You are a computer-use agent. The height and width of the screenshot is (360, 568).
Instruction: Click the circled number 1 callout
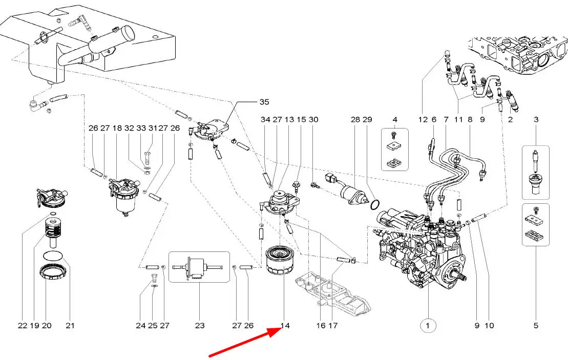pyautogui.click(x=428, y=325)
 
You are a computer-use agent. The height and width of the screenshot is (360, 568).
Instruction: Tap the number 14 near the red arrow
pyautogui.click(x=285, y=325)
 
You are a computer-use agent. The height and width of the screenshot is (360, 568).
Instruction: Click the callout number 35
pyautogui.click(x=249, y=101)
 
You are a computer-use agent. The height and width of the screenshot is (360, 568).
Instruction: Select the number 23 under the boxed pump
pyautogui.click(x=200, y=325)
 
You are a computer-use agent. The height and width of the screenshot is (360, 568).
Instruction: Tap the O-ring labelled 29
pyautogui.click(x=374, y=205)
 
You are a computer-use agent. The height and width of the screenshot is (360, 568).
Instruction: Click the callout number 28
pyautogui.click(x=355, y=119)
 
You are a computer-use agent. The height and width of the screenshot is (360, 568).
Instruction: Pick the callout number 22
pyautogui.click(x=23, y=325)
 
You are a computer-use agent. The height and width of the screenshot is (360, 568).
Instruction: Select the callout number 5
pyautogui.click(x=536, y=325)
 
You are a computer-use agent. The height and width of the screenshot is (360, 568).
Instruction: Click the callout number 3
pyautogui.click(x=536, y=119)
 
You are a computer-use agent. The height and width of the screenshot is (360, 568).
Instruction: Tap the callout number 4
pyautogui.click(x=394, y=119)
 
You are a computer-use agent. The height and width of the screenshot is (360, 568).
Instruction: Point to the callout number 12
pyautogui.click(x=422, y=119)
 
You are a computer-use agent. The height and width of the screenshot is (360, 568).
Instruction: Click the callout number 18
pyautogui.click(x=117, y=128)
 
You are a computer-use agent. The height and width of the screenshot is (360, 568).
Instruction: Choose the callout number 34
pyautogui.click(x=265, y=119)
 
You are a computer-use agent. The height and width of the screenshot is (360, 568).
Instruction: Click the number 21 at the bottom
pyautogui.click(x=70, y=325)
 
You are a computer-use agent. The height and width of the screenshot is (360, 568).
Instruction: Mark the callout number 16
pyautogui.click(x=321, y=325)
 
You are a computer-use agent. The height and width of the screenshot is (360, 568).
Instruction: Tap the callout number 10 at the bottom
pyautogui.click(x=490, y=325)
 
